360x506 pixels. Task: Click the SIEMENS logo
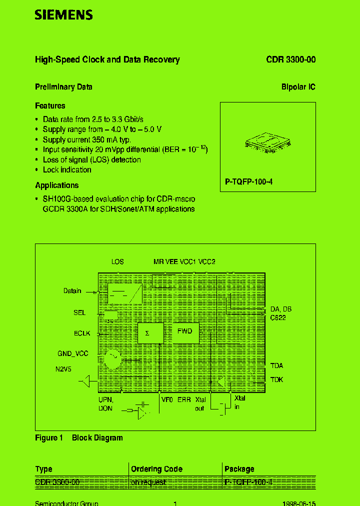[63, 15]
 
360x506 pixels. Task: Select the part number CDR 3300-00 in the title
[290, 59]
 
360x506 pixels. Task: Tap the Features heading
[50, 106]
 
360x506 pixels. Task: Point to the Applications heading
[56, 185]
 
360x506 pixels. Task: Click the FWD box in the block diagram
[185, 332]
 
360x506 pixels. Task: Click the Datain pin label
[72, 291]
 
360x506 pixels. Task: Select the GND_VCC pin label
[73, 354]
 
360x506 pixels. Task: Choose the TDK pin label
[276, 380]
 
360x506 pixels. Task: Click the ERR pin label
[184, 400]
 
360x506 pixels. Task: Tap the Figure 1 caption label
[48, 438]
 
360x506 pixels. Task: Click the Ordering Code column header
[156, 469]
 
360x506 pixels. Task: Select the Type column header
[44, 469]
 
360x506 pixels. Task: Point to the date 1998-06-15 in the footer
[299, 503]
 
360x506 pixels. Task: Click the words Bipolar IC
[298, 87]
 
